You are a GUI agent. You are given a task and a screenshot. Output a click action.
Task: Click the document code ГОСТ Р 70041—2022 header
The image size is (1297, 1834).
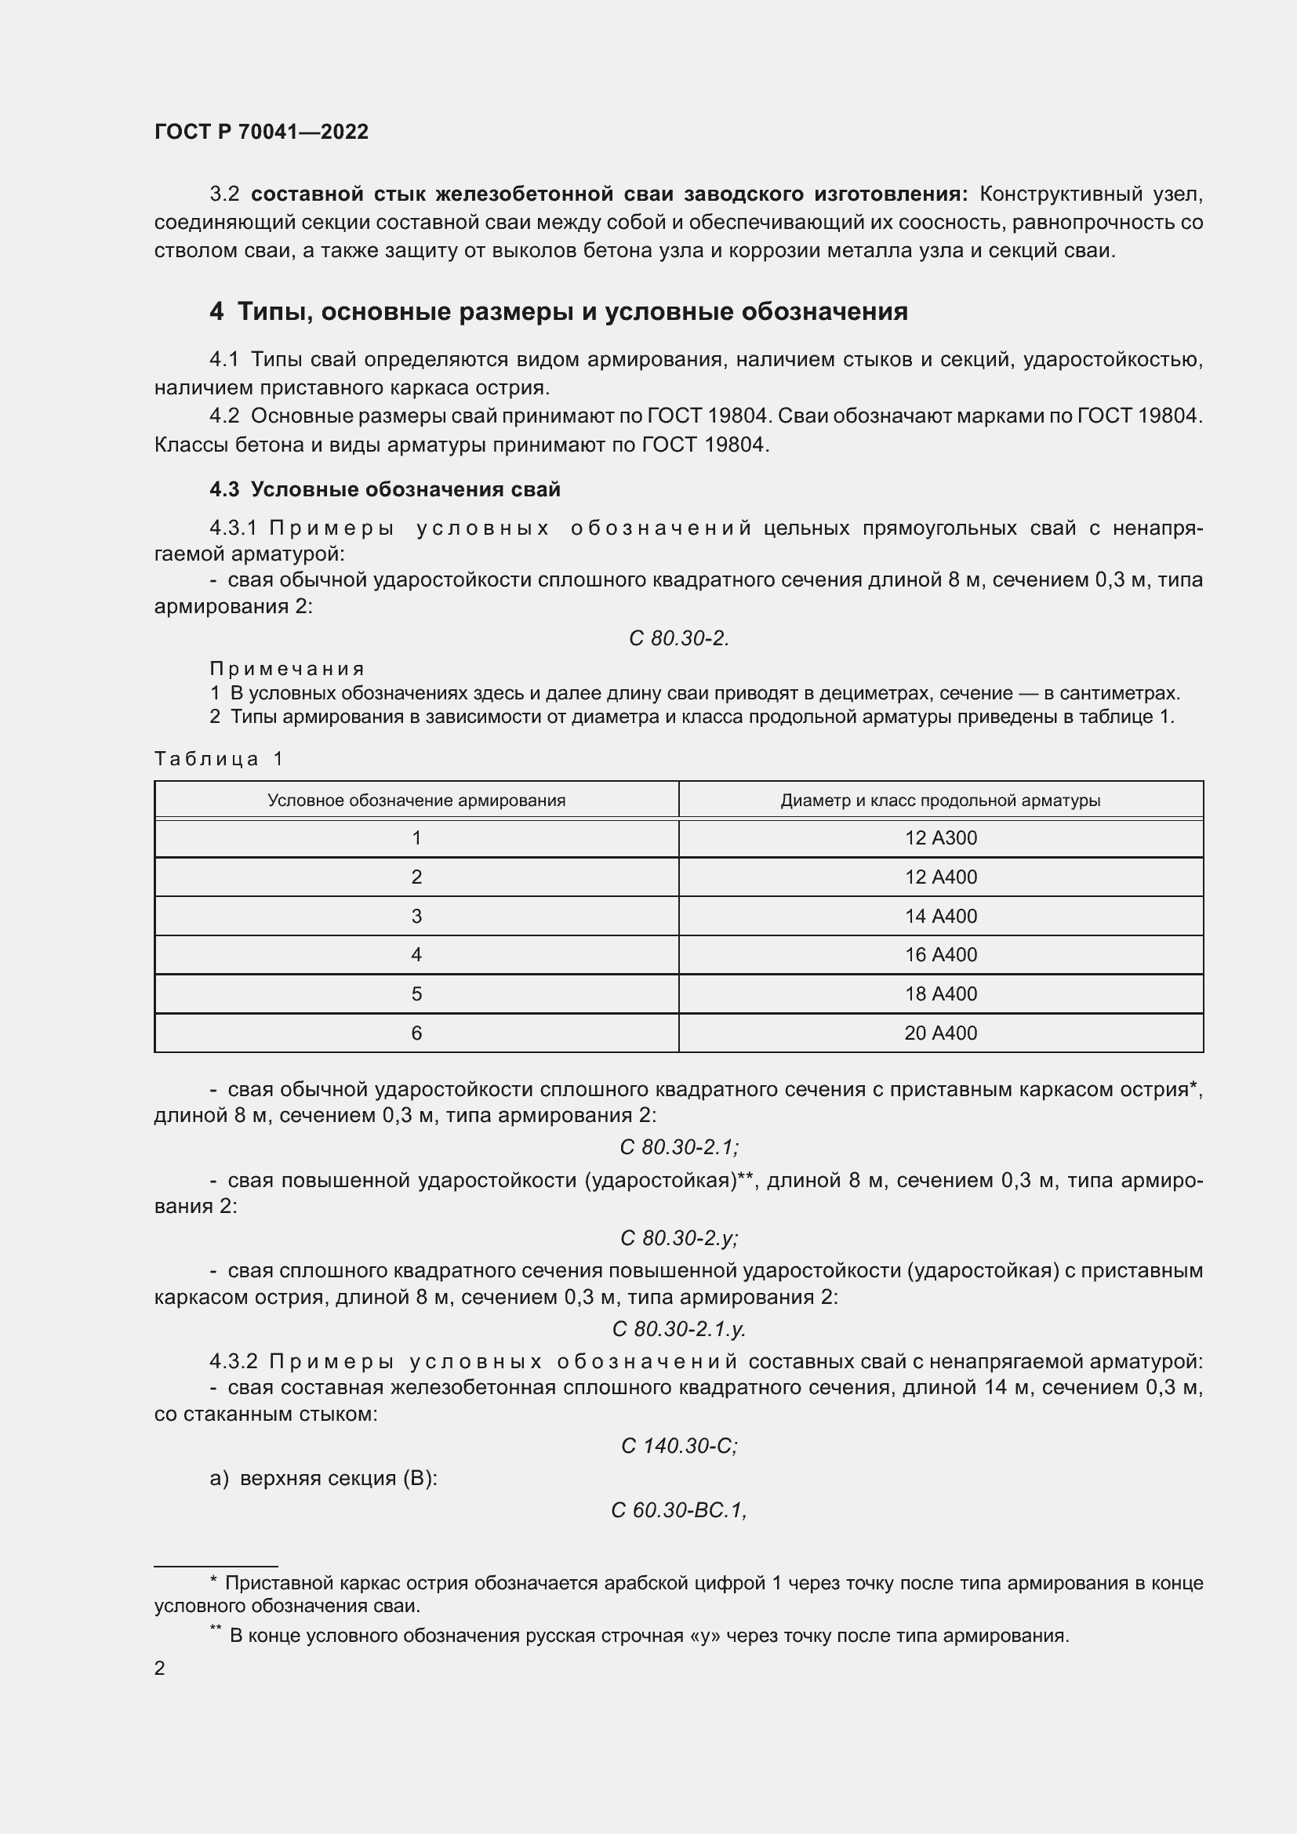pyautogui.click(x=261, y=132)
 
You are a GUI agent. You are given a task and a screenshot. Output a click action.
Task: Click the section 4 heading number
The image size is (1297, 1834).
pyautogui.click(x=216, y=311)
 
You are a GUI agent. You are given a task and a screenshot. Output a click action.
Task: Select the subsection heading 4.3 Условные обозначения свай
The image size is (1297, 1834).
pyautogui.click(x=384, y=489)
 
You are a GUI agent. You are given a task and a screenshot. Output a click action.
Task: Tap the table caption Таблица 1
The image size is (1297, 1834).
pyautogui.click(x=219, y=759)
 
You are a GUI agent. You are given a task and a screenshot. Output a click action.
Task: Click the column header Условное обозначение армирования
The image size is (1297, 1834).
pyautogui.click(x=416, y=801)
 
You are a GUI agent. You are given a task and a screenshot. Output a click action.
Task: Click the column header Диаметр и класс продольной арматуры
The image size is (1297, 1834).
pyautogui.click(x=940, y=801)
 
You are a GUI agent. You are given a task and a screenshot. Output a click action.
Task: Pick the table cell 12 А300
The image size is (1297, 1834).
pyautogui.click(x=940, y=838)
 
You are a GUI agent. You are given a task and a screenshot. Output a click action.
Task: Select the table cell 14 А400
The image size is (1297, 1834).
pyautogui.click(x=940, y=916)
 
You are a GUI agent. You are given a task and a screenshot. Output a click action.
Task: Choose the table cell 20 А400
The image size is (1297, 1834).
pyautogui.click(x=940, y=1033)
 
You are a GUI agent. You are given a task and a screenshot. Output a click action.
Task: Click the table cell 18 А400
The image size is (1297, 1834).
pyautogui.click(x=940, y=993)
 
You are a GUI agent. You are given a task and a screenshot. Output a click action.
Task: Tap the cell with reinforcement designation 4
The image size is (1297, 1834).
pyautogui.click(x=416, y=954)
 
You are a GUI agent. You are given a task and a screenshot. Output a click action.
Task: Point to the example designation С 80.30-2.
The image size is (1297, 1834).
pyautogui.click(x=678, y=638)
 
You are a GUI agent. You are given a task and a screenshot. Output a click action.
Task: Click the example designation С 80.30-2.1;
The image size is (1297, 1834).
pyautogui.click(x=679, y=1147)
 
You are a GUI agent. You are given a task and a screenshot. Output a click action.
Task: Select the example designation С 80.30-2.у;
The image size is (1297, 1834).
pyautogui.click(x=679, y=1238)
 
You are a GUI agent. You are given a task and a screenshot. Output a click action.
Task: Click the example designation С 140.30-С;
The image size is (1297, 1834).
pyautogui.click(x=679, y=1446)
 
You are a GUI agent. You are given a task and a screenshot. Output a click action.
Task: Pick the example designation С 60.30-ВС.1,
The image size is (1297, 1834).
pyautogui.click(x=679, y=1510)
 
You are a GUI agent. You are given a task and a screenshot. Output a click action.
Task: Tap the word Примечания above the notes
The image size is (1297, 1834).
pyautogui.click(x=287, y=669)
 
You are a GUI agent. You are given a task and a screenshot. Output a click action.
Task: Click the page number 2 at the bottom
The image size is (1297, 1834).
pyautogui.click(x=160, y=1668)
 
